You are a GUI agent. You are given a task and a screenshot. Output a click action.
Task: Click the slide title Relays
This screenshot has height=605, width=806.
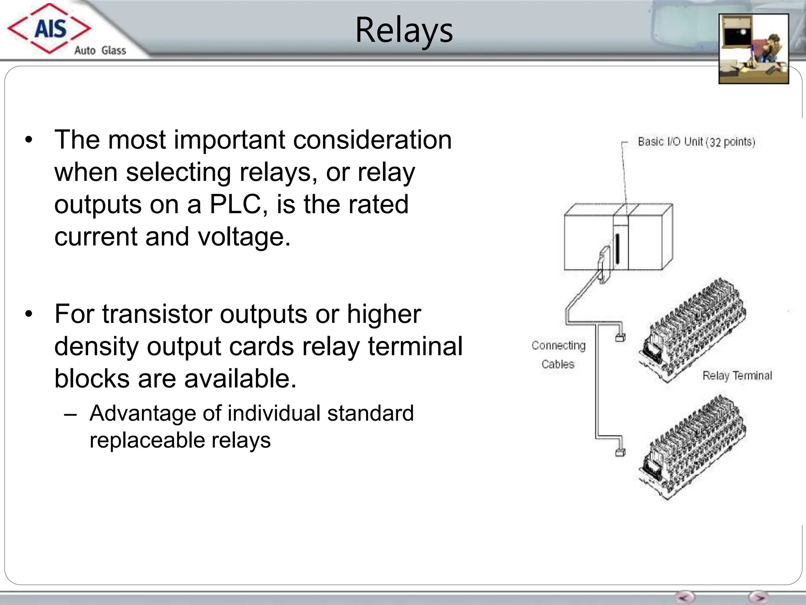tap(404, 30)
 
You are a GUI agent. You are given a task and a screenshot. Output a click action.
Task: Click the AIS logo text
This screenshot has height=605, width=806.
tap(50, 29)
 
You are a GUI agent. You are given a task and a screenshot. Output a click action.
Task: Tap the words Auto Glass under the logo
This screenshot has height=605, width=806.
tap(100, 50)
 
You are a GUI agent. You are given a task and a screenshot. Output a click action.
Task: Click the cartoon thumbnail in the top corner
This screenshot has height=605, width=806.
tap(753, 49)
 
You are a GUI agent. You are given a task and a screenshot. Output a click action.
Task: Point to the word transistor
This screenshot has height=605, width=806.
tap(157, 314)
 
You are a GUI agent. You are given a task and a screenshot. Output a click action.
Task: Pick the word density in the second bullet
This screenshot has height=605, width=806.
tap(96, 346)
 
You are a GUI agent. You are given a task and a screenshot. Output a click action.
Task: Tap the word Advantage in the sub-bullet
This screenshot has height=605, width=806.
tap(142, 413)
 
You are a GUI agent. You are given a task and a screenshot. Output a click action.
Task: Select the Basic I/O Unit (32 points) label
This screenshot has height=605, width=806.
tap(696, 141)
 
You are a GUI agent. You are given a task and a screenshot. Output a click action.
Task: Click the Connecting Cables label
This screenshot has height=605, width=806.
tap(558, 354)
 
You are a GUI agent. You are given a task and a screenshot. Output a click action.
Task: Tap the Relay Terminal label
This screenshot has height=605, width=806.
tap(737, 375)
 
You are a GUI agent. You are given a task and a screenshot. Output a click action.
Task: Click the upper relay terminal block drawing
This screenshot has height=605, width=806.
tap(693, 331)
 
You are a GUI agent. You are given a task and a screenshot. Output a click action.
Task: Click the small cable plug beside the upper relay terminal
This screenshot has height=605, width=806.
tap(620, 337)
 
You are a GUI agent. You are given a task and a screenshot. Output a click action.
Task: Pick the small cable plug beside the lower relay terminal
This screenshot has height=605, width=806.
tap(620, 453)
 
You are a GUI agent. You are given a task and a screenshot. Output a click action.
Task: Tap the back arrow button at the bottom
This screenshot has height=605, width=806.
tap(685, 597)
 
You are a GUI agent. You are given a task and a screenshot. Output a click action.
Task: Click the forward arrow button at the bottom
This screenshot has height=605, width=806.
tap(758, 597)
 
